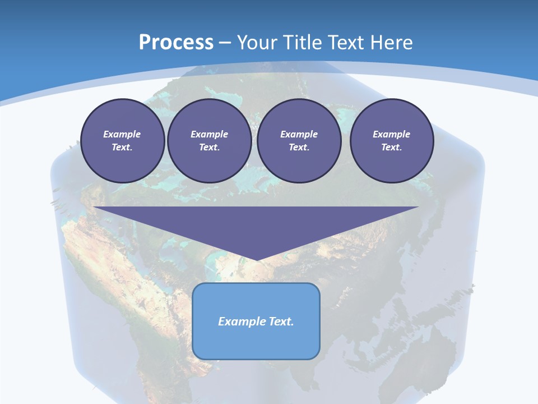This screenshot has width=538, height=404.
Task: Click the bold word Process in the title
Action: tap(176, 43)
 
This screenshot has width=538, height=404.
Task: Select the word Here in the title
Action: tap(391, 43)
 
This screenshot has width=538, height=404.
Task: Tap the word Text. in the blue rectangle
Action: tap(282, 322)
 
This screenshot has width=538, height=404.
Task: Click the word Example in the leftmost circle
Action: tap(122, 134)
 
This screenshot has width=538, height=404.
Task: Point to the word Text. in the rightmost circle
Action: tap(391, 147)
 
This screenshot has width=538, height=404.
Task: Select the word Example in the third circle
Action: tap(299, 134)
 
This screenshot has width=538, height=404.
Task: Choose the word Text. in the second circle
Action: tap(209, 147)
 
